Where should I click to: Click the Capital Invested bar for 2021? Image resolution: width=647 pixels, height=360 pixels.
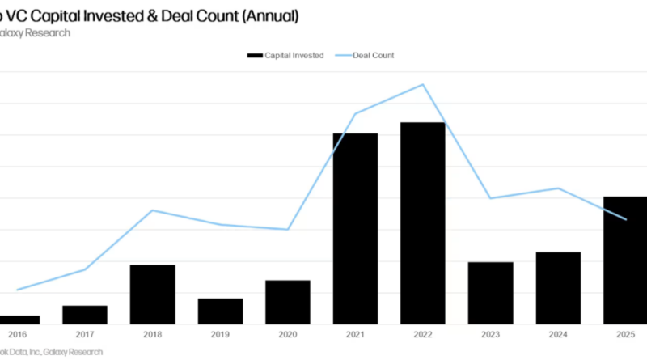pos(355,228)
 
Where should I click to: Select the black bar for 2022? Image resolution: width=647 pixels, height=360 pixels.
pos(423,222)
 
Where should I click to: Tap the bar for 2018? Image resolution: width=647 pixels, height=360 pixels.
pos(152,294)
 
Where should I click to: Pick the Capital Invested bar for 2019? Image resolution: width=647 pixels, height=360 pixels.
pos(220,311)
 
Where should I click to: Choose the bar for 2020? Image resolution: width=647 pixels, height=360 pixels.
pos(288,302)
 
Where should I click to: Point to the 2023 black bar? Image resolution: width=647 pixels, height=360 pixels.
pos(490,293)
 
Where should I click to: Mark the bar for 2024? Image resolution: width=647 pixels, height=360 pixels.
pos(558,288)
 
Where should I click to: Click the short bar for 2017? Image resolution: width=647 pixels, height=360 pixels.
pos(85,315)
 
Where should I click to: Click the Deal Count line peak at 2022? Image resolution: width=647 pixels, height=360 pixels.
pos(423,84)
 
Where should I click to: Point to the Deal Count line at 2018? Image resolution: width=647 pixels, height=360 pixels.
pos(152,210)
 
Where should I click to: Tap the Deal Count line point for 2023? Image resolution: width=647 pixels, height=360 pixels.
pos(490,198)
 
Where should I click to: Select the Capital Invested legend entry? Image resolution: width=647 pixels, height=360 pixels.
pos(285,55)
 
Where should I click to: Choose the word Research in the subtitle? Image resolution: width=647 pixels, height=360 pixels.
pos(48,32)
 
